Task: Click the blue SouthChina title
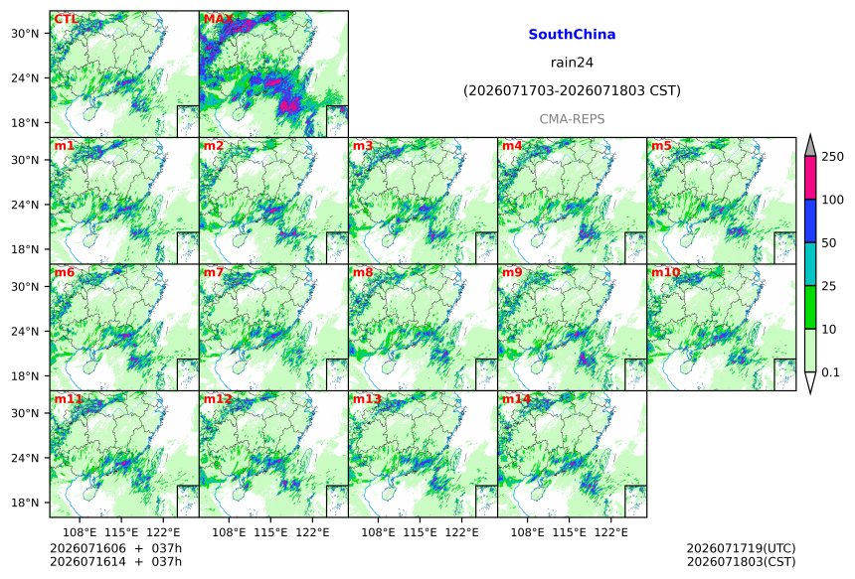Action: click(572, 35)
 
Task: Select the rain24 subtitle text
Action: click(572, 63)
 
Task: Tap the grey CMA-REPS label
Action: click(572, 119)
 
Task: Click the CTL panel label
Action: click(66, 19)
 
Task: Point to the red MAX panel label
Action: click(218, 19)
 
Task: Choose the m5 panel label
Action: click(661, 146)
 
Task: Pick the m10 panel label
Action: click(665, 272)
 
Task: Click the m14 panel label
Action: click(516, 399)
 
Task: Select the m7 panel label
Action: click(214, 272)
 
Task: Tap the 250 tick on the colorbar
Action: click(833, 157)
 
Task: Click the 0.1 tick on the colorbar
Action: click(830, 372)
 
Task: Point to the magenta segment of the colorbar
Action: click(810, 178)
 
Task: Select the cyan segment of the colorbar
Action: click(810, 263)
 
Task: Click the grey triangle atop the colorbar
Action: click(810, 147)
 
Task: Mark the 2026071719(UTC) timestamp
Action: click(741, 548)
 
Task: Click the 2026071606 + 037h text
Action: click(116, 548)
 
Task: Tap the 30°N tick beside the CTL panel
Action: click(25, 33)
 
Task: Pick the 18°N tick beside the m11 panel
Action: click(25, 503)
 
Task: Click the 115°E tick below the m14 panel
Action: click(569, 532)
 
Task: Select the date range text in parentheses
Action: click(572, 90)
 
